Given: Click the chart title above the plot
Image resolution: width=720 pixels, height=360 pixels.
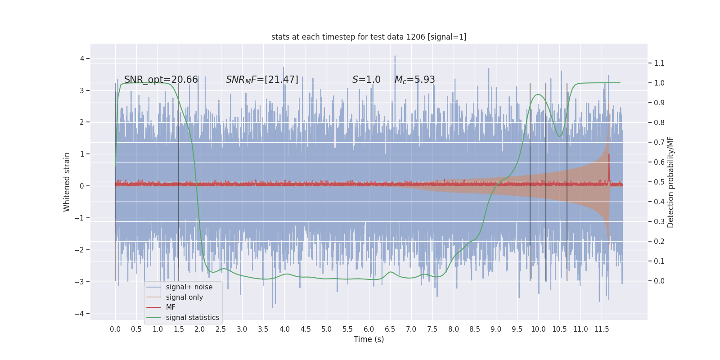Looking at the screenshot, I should pyautogui.click(x=369, y=37).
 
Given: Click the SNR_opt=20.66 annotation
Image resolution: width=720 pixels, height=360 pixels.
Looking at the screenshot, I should pyautogui.click(x=161, y=80).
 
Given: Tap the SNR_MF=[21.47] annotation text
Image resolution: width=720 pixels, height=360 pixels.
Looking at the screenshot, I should pyautogui.click(x=262, y=80).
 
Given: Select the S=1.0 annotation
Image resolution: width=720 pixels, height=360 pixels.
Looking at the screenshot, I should pyautogui.click(x=366, y=80).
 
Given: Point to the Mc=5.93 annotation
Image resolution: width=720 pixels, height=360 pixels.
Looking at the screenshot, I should pyautogui.click(x=414, y=80).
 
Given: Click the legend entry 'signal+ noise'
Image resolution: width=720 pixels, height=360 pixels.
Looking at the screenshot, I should pyautogui.click(x=189, y=287).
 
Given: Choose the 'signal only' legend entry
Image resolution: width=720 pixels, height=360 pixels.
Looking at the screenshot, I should pyautogui.click(x=184, y=297).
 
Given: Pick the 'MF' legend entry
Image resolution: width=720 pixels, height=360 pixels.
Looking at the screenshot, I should pyautogui.click(x=171, y=307).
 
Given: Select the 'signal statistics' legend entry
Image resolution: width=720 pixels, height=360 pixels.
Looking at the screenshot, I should pyautogui.click(x=192, y=318).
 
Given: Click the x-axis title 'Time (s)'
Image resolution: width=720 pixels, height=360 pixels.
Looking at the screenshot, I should pyautogui.click(x=369, y=339).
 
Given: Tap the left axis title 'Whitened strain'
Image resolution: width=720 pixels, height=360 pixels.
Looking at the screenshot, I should pyautogui.click(x=67, y=182).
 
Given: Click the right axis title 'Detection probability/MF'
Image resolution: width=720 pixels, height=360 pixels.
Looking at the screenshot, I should pyautogui.click(x=670, y=182).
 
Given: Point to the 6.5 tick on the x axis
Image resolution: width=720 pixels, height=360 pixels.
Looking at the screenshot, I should pyautogui.click(x=390, y=329).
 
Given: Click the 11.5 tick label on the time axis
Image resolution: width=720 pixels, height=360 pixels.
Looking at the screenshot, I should pyautogui.click(x=602, y=329).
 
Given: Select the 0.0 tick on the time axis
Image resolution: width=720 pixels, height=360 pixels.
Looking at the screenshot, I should pyautogui.click(x=115, y=329).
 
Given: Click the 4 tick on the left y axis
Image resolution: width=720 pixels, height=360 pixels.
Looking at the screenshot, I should pyautogui.click(x=82, y=58).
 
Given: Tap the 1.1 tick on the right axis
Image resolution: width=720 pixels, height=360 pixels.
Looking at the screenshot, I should pyautogui.click(x=659, y=63).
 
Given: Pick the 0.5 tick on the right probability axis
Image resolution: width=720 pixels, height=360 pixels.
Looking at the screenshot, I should pyautogui.click(x=659, y=182).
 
